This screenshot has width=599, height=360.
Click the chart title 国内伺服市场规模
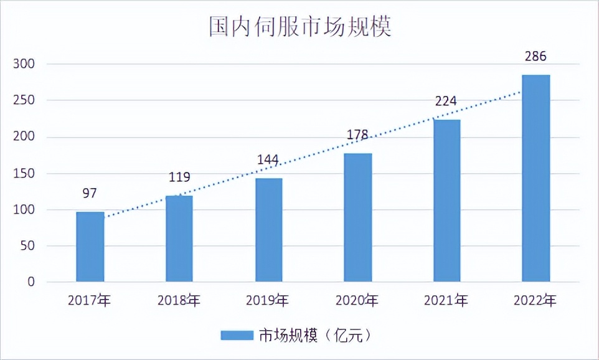[x=299, y=27]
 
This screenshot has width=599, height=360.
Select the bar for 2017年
[x=90, y=247]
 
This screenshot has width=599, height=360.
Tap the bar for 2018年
[x=179, y=239]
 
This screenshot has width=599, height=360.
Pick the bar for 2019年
[x=268, y=230]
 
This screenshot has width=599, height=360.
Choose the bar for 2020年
[x=358, y=218]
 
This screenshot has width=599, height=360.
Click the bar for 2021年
[x=446, y=201]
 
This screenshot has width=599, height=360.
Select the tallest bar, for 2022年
[x=535, y=179]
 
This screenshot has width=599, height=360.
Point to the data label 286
[x=535, y=57]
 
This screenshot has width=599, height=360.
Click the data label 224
[x=446, y=101]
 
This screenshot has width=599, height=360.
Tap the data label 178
[x=357, y=135]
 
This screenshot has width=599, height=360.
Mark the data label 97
[x=90, y=193]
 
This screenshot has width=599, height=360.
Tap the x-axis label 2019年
[x=268, y=301]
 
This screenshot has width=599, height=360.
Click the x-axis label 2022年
[x=535, y=301]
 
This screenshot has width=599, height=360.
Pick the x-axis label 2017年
[x=90, y=301]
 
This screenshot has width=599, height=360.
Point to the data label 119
[x=179, y=177]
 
